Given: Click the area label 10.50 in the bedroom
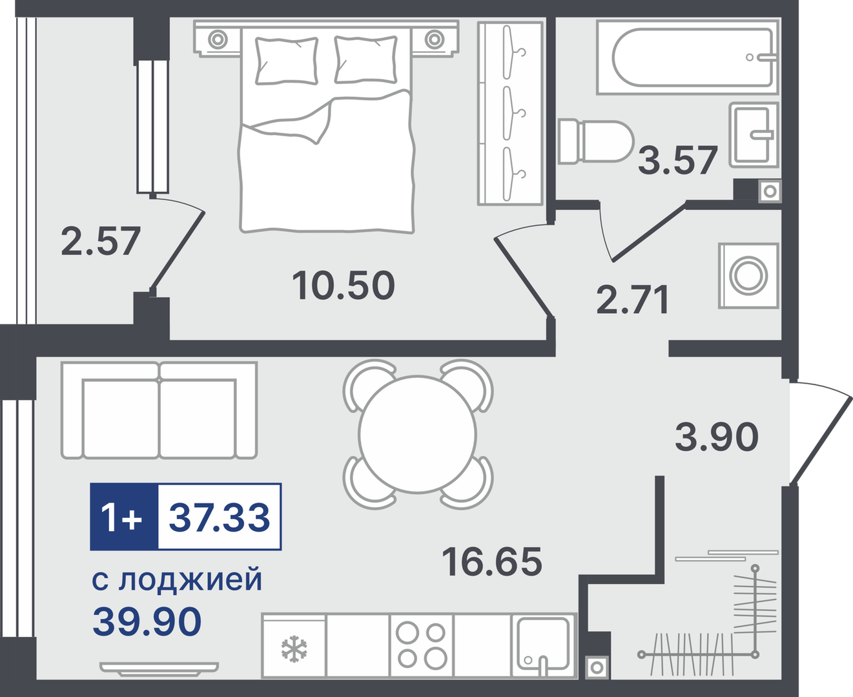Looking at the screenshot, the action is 343,285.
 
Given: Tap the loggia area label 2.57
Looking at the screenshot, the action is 101,241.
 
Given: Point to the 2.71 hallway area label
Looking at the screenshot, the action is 633,299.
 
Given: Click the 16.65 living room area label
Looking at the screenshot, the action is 492,561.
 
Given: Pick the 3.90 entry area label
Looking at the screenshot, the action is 717,437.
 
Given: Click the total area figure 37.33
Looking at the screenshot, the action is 219,517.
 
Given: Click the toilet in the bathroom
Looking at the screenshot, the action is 595,141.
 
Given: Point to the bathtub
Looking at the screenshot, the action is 688,57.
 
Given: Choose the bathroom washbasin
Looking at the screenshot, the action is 754,135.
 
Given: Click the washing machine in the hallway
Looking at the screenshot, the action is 748,275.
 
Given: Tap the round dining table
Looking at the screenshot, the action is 417,434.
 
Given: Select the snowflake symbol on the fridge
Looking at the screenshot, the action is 294,649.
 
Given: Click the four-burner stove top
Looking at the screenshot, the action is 421,645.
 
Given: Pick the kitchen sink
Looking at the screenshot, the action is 543,645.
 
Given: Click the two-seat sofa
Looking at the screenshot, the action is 159,410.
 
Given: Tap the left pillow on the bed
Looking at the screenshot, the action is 286,61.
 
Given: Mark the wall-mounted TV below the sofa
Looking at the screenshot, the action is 159,669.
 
